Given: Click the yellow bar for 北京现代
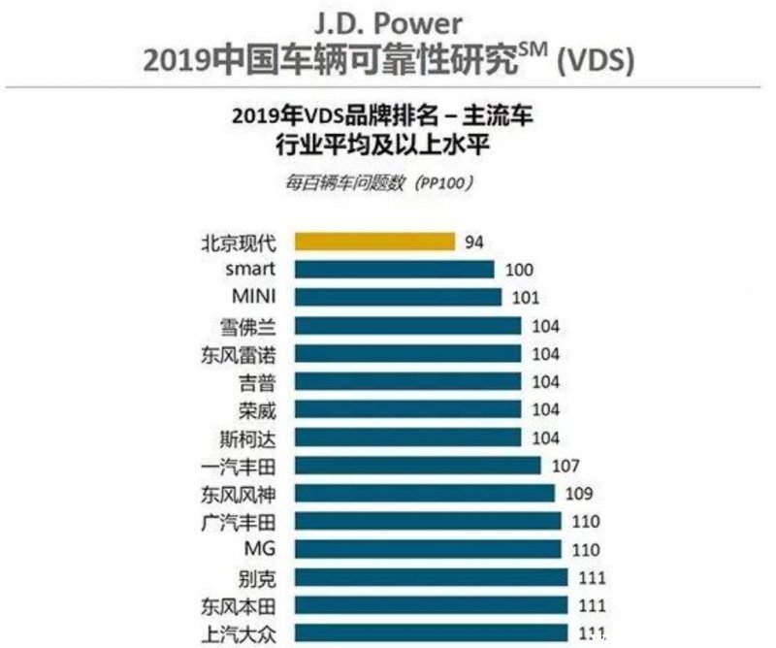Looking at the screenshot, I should click(373, 241).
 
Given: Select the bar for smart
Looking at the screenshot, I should click(393, 269).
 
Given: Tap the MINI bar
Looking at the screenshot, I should click(397, 297).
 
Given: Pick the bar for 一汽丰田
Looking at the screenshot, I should click(416, 465).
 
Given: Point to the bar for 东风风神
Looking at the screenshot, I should click(423, 493).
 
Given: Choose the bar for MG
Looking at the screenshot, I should click(426, 549).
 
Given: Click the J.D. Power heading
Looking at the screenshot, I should click(388, 21).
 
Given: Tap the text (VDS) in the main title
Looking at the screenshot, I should click(597, 60).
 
